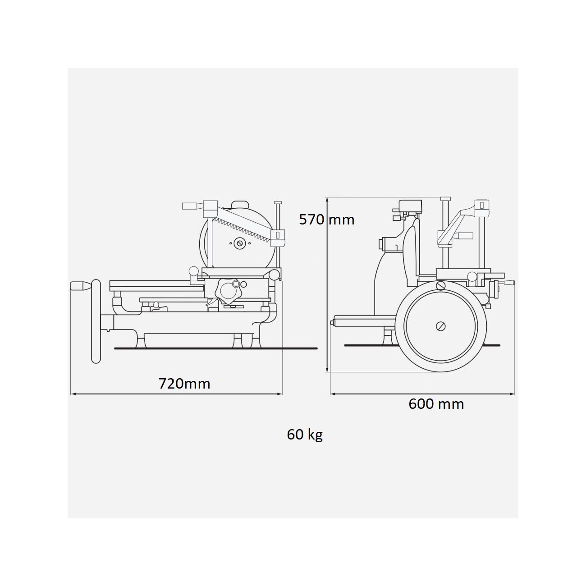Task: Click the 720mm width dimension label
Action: click(x=184, y=384)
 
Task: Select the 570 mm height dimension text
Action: click(x=327, y=220)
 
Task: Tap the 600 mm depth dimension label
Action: click(x=436, y=403)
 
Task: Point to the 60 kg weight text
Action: click(x=305, y=435)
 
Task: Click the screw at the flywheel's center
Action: click(x=441, y=326)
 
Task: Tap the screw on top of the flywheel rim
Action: click(x=441, y=285)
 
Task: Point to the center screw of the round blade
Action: click(x=240, y=243)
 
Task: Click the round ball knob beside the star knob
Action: click(x=194, y=271)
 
